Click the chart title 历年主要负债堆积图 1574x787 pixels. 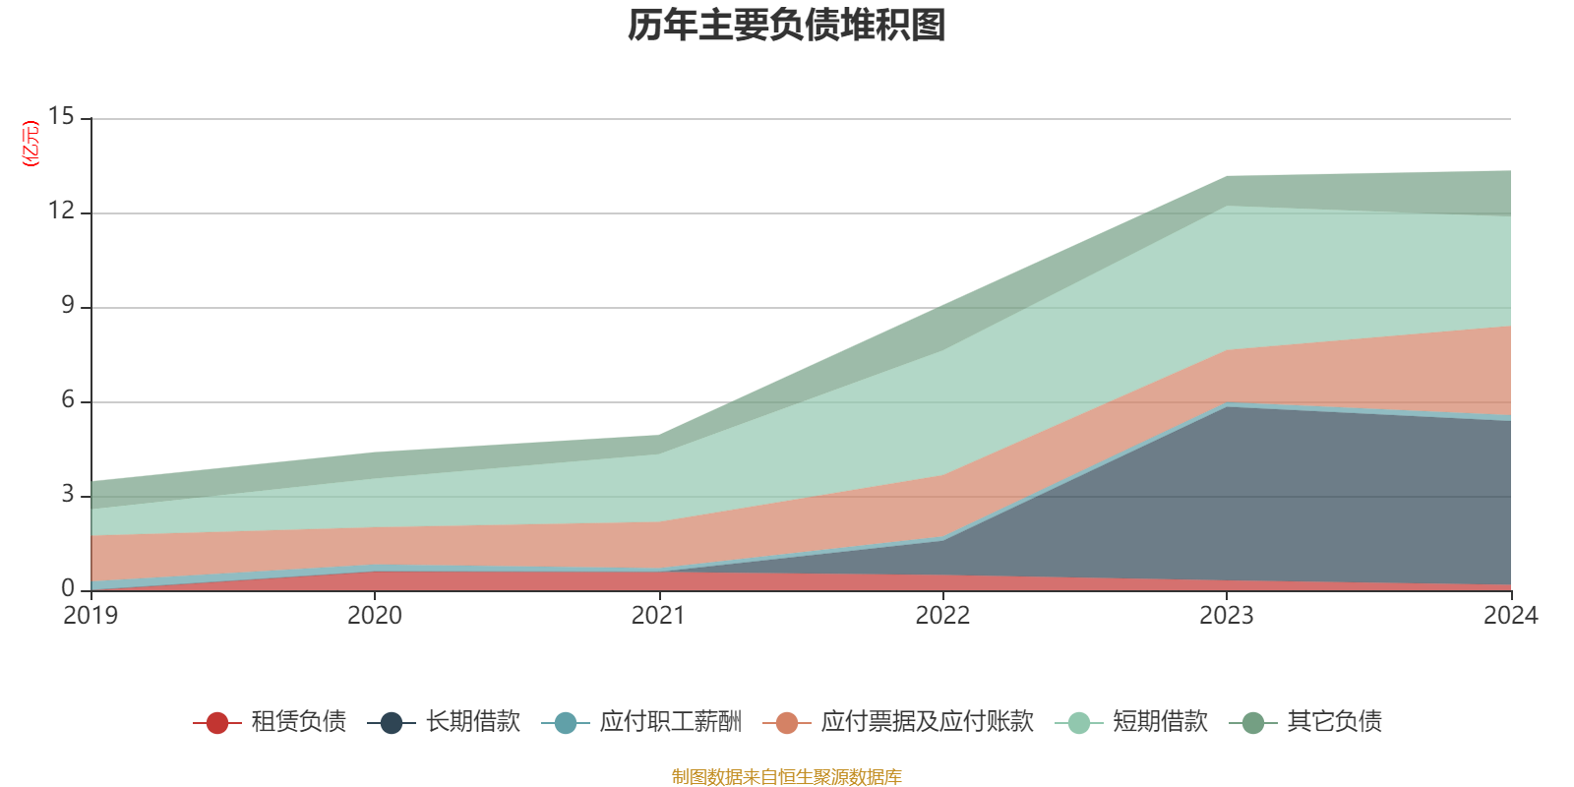(786, 26)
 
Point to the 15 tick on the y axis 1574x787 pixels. (61, 117)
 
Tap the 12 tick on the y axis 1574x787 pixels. (61, 211)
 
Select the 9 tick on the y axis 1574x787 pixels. (67, 305)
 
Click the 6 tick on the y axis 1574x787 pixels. (67, 399)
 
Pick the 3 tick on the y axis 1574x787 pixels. (67, 494)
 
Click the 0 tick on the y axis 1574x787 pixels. (67, 588)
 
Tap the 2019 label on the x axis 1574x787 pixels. (91, 616)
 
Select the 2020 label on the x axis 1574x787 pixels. (375, 616)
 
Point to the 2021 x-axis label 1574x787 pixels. (658, 616)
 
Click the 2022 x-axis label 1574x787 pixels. (942, 616)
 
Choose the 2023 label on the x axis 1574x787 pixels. (1226, 616)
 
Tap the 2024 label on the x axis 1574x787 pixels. (1509, 616)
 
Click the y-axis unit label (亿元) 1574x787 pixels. (30, 144)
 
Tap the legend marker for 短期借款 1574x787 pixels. (1079, 723)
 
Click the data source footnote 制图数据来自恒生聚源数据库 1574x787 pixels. (786, 777)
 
